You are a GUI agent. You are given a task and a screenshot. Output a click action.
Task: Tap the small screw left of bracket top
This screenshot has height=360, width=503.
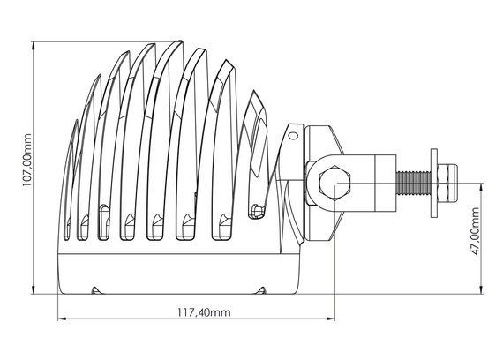coord(291,136)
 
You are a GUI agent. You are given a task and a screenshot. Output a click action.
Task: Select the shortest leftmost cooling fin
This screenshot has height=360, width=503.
coord(73,176)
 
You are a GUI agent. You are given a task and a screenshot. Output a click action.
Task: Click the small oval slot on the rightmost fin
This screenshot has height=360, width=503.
coord(256,210)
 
